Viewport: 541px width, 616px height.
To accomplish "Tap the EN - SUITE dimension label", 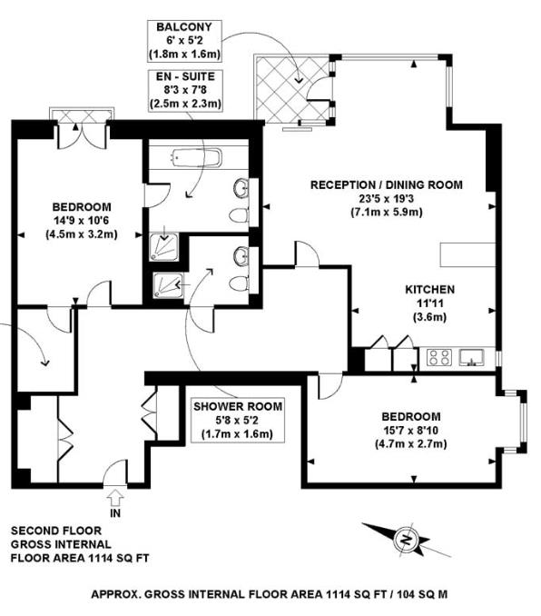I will coord(185,92).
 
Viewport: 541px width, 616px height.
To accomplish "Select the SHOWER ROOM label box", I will coord(237,420).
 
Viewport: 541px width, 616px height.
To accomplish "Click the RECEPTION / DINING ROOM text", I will coord(386,184).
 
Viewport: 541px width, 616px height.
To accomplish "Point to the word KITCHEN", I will coord(429,290).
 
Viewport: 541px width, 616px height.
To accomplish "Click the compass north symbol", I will coord(405,542).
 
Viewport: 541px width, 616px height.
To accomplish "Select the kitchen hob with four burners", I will coord(440,357).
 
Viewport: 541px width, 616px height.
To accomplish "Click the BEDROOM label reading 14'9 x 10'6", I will coord(82,219).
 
